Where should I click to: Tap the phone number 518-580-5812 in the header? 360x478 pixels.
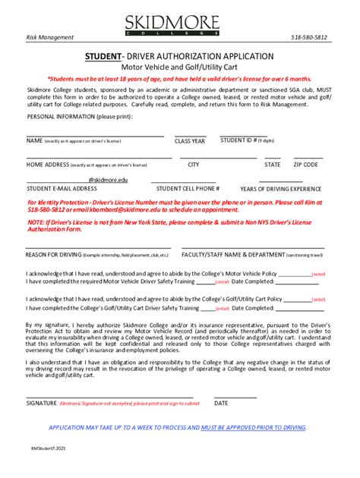click(x=310, y=37)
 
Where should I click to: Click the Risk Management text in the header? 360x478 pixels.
click(x=50, y=37)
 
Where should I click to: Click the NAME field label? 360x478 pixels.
click(x=34, y=140)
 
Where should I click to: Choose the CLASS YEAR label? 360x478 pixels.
click(x=190, y=141)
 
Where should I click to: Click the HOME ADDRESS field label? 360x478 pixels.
click(x=47, y=164)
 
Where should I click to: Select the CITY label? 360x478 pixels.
click(x=194, y=164)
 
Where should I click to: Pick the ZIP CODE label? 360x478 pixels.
click(x=306, y=164)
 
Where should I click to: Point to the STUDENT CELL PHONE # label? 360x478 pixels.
click(x=188, y=188)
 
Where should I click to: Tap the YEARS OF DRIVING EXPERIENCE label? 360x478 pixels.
click(x=280, y=188)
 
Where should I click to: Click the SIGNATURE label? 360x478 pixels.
click(x=42, y=403)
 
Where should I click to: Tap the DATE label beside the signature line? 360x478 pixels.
click(x=221, y=403)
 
